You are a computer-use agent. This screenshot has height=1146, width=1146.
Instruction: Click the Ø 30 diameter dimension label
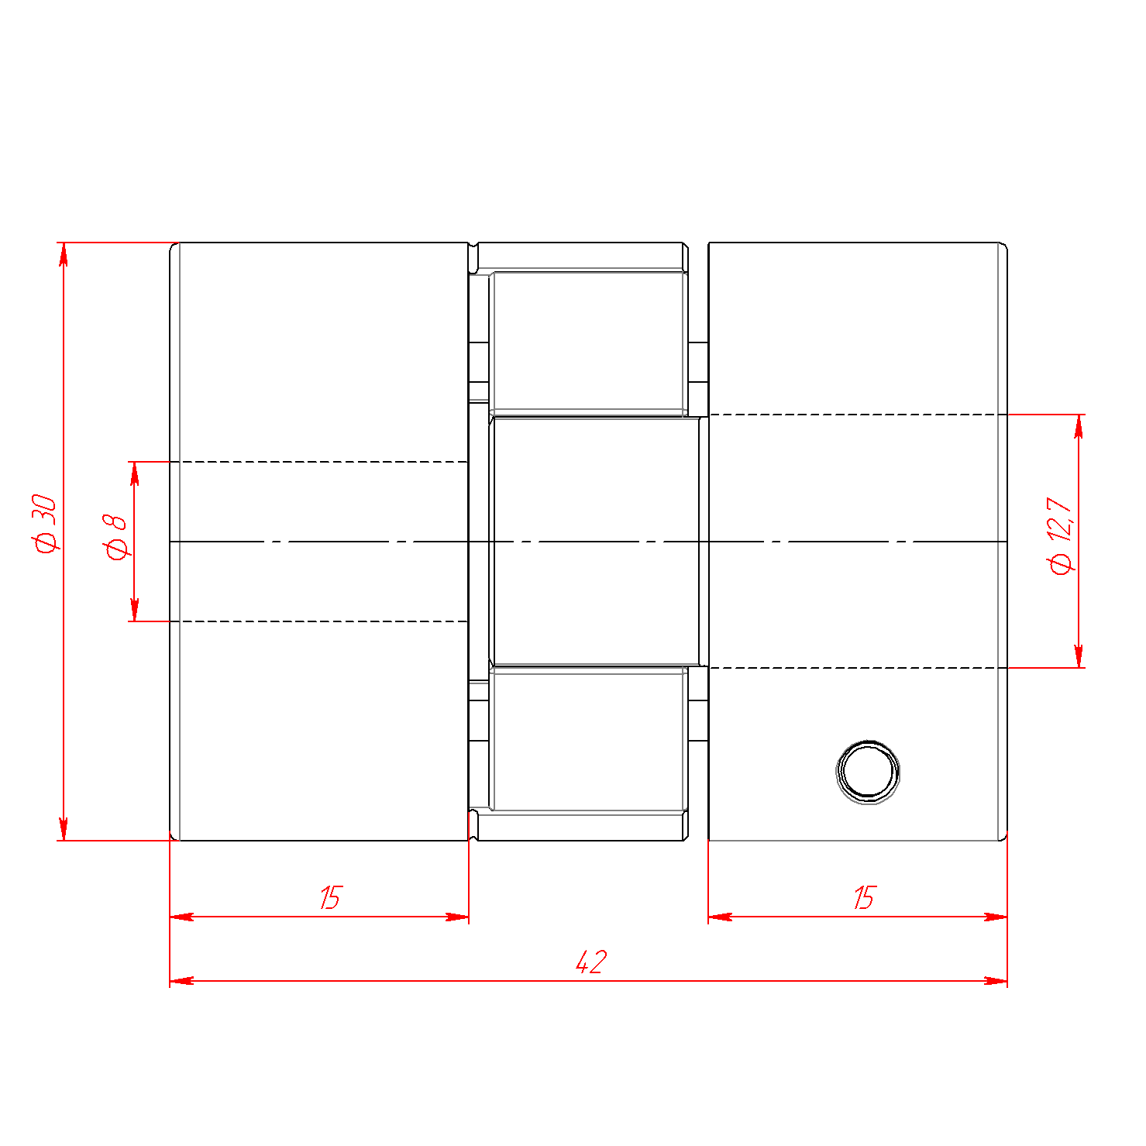46,523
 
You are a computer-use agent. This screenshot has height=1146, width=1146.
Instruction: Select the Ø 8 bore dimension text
115,536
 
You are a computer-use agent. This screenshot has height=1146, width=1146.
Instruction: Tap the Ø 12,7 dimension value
1061,535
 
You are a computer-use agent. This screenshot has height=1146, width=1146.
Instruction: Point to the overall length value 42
591,962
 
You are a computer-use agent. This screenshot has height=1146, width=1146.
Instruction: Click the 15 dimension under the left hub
330,898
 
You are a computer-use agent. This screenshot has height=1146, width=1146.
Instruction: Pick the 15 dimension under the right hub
864,898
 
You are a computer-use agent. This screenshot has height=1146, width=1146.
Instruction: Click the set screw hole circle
869,772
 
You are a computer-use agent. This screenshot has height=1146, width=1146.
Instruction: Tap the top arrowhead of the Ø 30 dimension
64,254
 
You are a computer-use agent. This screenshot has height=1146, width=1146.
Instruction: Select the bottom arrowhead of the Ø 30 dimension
64,828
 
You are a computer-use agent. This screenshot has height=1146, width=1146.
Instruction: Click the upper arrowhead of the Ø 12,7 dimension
1079,426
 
